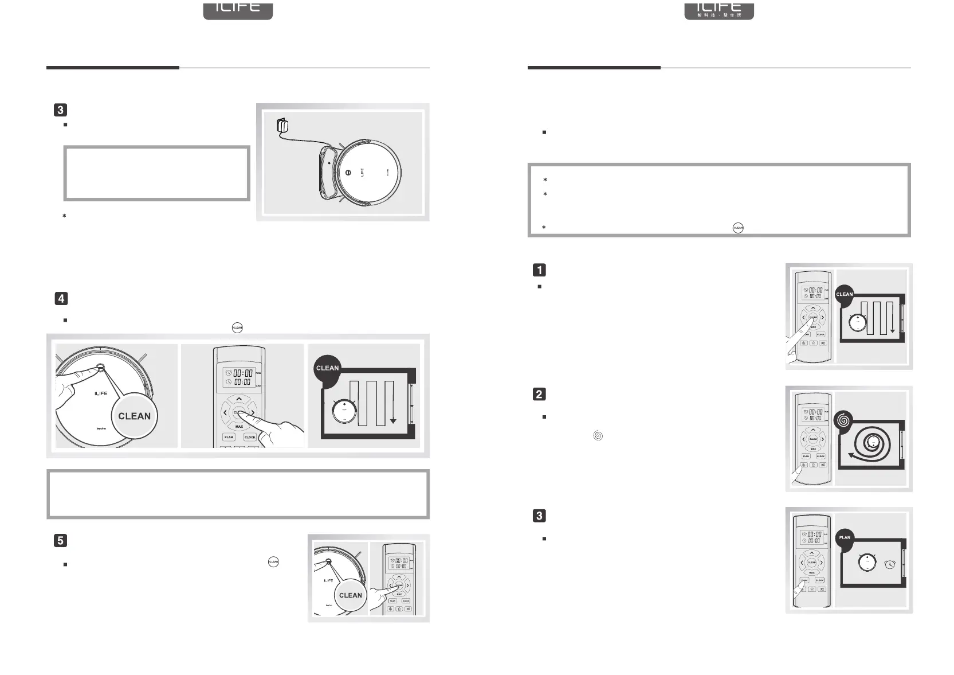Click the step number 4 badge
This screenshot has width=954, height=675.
[60, 298]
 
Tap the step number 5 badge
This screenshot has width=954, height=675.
[60, 540]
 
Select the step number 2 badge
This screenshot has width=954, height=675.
[539, 394]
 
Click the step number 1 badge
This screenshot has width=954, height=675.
[539, 270]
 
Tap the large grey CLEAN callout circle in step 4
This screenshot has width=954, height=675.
[134, 416]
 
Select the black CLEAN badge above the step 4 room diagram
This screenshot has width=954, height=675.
[327, 368]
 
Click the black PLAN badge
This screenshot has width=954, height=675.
[845, 537]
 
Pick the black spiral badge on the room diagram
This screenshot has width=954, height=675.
[843, 420]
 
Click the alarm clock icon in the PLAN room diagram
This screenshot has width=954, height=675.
[890, 564]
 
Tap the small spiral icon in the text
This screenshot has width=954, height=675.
[598, 436]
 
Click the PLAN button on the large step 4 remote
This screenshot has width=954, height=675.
[229, 437]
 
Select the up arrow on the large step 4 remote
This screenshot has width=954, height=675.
[239, 399]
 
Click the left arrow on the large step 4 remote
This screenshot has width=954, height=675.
[225, 412]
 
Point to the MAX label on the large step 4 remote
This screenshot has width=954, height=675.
[239, 427]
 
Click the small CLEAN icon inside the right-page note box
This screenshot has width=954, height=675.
[738, 228]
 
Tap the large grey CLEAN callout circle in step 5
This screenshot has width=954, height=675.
[350, 595]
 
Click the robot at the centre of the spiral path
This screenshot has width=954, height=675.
[873, 442]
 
